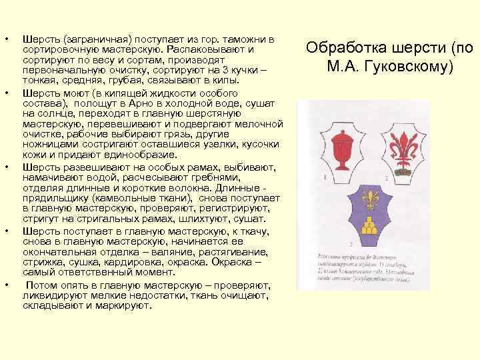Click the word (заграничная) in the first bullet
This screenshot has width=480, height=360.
pyautogui.click(x=92, y=40)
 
